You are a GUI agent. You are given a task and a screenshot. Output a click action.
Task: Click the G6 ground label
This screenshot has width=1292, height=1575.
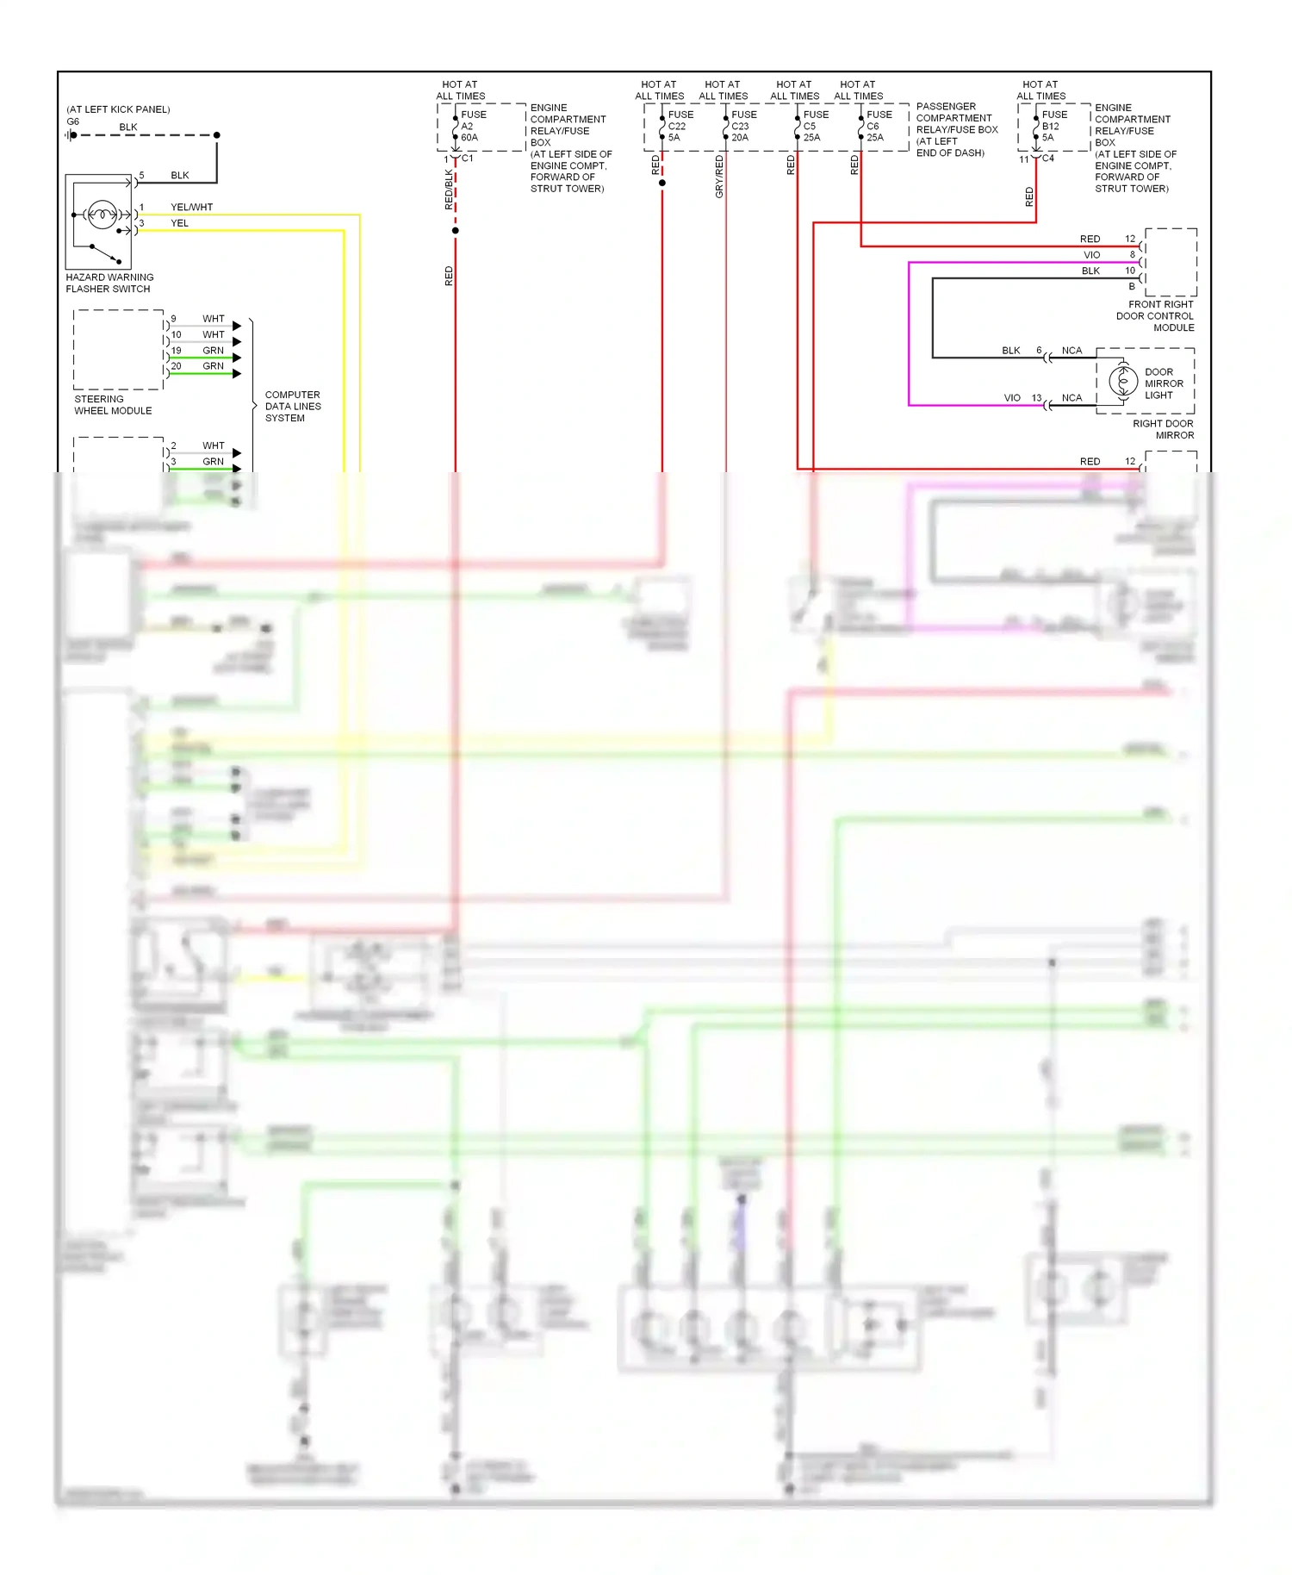pos(72,121)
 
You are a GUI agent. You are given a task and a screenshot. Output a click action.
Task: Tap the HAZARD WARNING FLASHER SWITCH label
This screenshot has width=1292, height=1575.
pos(109,283)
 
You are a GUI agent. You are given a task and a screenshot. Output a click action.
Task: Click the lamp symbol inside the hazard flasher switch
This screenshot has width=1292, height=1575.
pos(102,215)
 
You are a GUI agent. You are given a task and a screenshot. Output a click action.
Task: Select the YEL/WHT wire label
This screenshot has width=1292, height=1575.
pos(191,207)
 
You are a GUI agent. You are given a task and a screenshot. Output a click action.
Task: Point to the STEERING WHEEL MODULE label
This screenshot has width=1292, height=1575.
pos(112,404)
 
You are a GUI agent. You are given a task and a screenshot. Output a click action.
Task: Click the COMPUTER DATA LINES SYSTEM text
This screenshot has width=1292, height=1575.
pos(292,406)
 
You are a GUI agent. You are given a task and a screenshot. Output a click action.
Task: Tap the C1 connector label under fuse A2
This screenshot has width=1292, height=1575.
pos(467,158)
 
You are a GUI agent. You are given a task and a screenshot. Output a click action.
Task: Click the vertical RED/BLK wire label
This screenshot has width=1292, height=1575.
pos(448,190)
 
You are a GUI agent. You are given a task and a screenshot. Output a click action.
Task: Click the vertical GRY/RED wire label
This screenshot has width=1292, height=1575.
pos(719,177)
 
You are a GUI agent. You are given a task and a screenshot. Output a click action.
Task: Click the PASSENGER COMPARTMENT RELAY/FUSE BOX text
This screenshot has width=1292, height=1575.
pos(956,129)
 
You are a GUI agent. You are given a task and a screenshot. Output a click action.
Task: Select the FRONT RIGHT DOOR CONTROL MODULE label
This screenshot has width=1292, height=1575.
pos(1155,315)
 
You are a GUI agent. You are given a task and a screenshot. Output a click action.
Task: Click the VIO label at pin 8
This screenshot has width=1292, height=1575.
pos(1091,254)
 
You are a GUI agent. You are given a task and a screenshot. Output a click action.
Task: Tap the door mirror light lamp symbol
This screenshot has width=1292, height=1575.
pos(1123,380)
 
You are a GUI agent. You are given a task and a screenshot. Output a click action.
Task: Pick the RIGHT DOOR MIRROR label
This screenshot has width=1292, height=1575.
pos(1163,429)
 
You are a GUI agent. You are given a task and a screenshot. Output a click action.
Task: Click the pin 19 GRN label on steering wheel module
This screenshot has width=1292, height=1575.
pos(212,350)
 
